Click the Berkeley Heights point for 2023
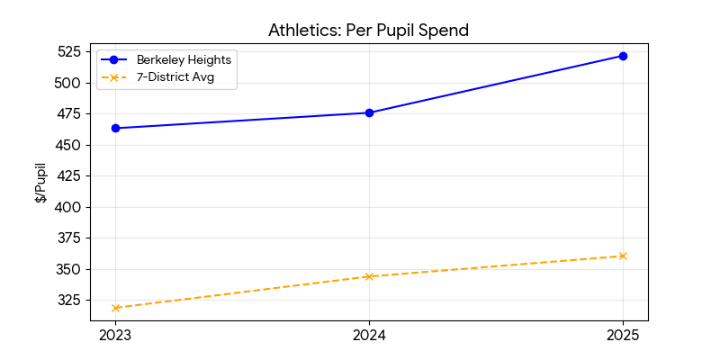[x=115, y=128]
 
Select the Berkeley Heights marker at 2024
[x=369, y=112]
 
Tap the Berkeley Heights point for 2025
[x=623, y=56]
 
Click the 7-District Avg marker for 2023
[x=115, y=308]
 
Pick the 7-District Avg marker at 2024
[x=369, y=276]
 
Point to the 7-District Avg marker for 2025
[x=623, y=256]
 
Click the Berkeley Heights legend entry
[x=181, y=59]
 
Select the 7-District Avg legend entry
[x=181, y=77]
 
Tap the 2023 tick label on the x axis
[x=115, y=336]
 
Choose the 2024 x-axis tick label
[x=369, y=336]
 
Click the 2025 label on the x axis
[x=623, y=336]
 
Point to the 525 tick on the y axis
[x=68, y=51]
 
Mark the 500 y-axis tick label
[x=68, y=83]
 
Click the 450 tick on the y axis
[x=68, y=145]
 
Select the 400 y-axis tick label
[x=68, y=207]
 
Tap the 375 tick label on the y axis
[x=68, y=238]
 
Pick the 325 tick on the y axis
[x=68, y=300]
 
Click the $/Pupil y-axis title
[x=41, y=183]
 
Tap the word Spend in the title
[x=445, y=31]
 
